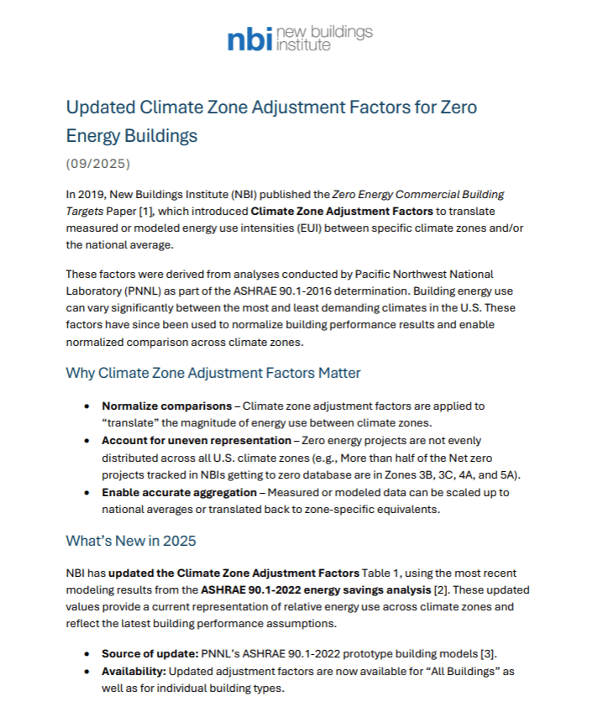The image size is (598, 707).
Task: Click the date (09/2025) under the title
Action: [x=98, y=163]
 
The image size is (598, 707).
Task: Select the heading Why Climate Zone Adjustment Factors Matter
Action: [x=213, y=373]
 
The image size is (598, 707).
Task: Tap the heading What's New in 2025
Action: [x=130, y=542]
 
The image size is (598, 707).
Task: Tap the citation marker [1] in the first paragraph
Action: [x=188, y=211]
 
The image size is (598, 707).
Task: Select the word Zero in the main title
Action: [x=459, y=108]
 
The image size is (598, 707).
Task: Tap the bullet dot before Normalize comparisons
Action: [x=88, y=406]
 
